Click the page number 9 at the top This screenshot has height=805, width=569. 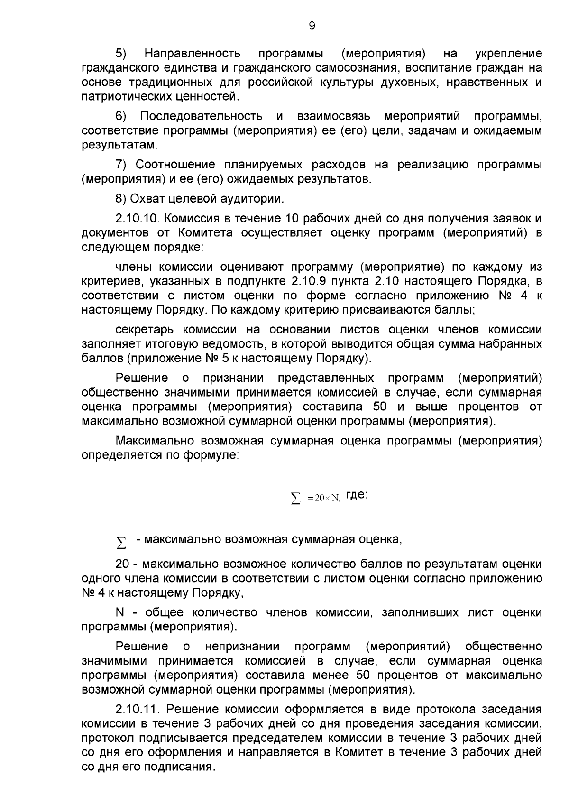click(312, 26)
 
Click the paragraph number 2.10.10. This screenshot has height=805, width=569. click(138, 219)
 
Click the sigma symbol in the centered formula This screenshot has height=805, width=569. click(295, 498)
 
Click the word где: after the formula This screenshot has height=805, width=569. click(357, 495)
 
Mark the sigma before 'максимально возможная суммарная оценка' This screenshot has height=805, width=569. click(121, 542)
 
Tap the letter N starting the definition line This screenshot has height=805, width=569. click(119, 612)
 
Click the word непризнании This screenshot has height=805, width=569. click(242, 647)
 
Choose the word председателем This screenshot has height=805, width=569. click(270, 738)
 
